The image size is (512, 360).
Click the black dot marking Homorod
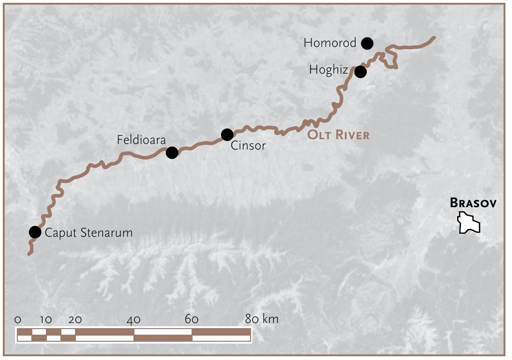[x=367, y=44]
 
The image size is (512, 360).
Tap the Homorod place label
[x=330, y=43]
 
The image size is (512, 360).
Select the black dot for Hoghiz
[x=360, y=72]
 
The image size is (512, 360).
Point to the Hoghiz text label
[x=328, y=70]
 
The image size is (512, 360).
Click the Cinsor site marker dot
[x=227, y=135]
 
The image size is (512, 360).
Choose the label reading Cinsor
[x=248, y=146]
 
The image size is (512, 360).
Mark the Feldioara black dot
[x=172, y=152]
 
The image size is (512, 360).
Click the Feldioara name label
[x=141, y=140]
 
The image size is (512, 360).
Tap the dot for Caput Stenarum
[x=35, y=232]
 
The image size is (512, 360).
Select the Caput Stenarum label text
[x=89, y=232]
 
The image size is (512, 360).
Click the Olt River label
[x=338, y=135]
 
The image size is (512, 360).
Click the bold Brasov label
[x=473, y=203]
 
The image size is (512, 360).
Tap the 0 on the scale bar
[x=18, y=320]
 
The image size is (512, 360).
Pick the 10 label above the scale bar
[x=46, y=320]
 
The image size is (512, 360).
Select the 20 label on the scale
[x=75, y=320]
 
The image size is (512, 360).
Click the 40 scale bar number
[x=134, y=320]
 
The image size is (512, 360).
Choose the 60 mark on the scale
[x=192, y=320]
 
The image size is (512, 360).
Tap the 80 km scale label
[x=261, y=319]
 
